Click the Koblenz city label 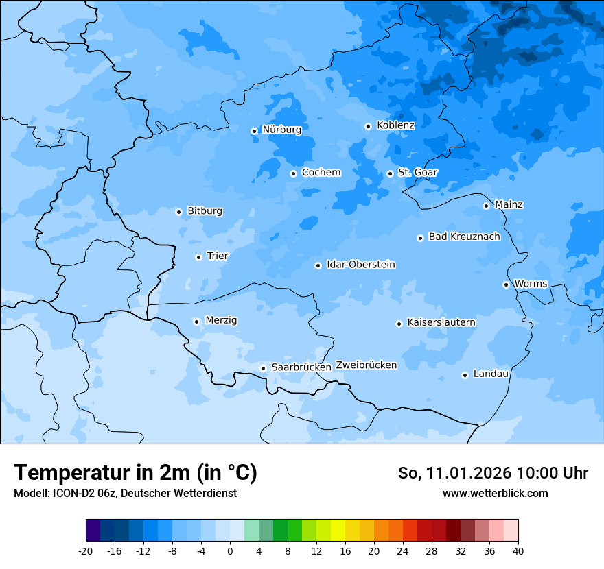(395, 125)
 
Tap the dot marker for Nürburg (254, 131)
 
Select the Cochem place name (321, 173)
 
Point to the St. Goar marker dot (390, 173)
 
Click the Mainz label (509, 204)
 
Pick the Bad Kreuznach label (464, 237)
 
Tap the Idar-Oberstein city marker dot (318, 265)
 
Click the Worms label (531, 284)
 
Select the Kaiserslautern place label (441, 322)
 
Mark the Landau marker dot (465, 375)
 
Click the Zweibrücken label (366, 365)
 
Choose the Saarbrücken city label (301, 367)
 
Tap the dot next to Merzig (196, 322)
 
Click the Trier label (217, 256)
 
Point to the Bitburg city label (205, 211)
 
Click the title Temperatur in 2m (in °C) (135, 473)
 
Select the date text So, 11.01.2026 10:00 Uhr (493, 473)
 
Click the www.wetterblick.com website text (495, 493)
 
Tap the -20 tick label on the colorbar (86, 550)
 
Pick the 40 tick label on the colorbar (518, 550)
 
